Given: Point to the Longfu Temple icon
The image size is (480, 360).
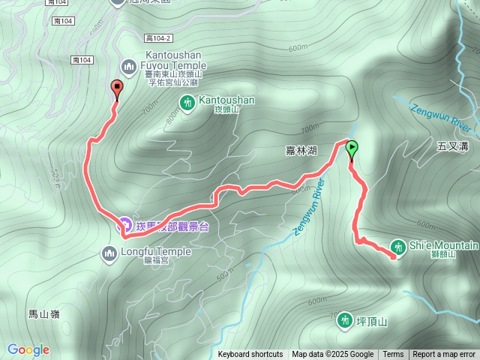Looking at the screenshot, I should [x=109, y=253].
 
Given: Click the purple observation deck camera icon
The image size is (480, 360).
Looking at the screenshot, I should [x=125, y=225].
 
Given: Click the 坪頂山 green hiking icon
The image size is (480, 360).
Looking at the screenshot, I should [x=343, y=320].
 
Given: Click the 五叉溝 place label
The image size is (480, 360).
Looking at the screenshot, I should [x=454, y=147].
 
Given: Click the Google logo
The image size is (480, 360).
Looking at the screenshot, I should [x=28, y=349].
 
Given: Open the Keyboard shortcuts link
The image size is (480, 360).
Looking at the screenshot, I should [x=250, y=355].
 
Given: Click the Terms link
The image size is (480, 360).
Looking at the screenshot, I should [x=393, y=355].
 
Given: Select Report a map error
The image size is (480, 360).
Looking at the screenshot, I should [x=444, y=355].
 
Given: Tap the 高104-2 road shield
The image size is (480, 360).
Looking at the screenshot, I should [x=159, y=38].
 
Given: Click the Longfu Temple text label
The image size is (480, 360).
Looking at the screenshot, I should [x=155, y=252].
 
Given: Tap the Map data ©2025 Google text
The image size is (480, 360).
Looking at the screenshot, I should [x=333, y=355].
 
